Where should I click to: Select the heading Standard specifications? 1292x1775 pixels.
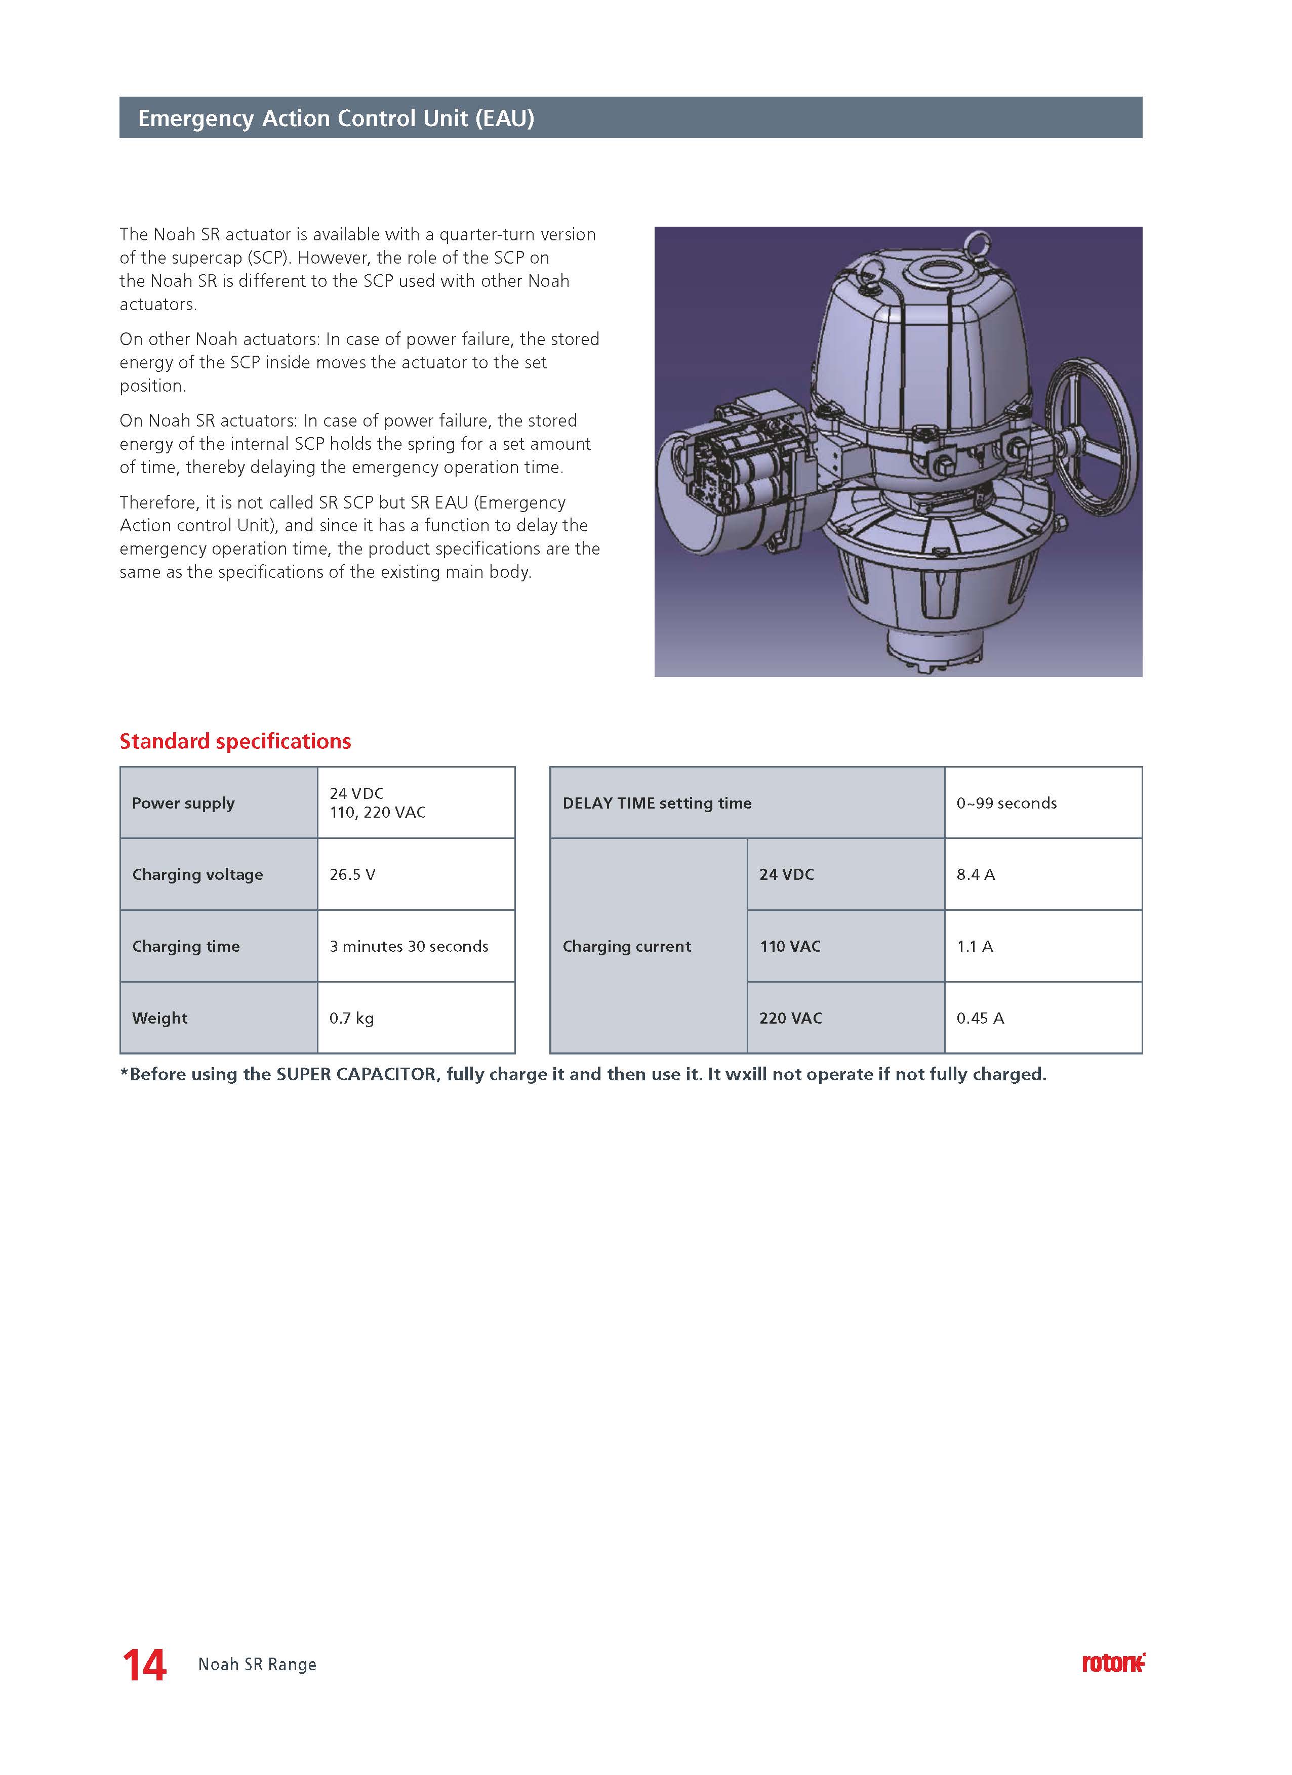pyautogui.click(x=235, y=741)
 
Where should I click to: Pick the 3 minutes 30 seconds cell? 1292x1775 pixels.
pyautogui.click(x=409, y=946)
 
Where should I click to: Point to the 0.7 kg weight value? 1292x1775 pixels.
pyautogui.click(x=351, y=1018)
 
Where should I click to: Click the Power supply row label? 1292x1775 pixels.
pyautogui.click(x=183, y=803)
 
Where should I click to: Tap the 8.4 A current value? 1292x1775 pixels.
pyautogui.click(x=976, y=874)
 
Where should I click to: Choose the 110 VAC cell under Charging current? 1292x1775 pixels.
pyautogui.click(x=790, y=946)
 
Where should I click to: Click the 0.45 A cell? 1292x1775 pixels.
pyautogui.click(x=980, y=1018)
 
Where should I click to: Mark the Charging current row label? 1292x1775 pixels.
pyautogui.click(x=626, y=946)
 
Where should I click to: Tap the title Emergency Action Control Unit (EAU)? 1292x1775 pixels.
pyautogui.click(x=336, y=118)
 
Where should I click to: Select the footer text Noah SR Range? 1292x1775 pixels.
pyautogui.click(x=257, y=1665)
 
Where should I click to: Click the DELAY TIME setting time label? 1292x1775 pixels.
pyautogui.click(x=657, y=803)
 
